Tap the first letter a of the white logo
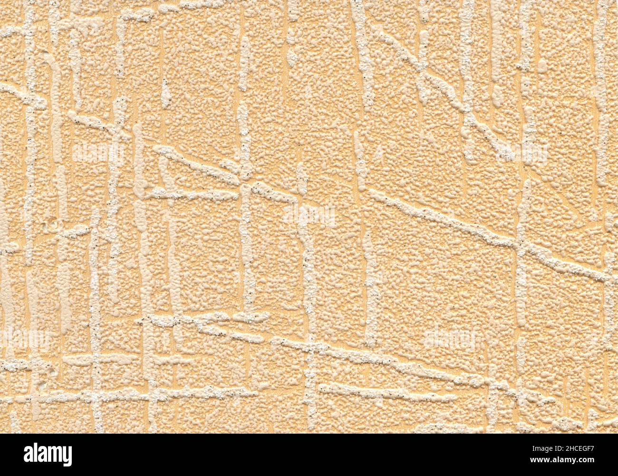(x=29, y=455)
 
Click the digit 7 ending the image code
(x=592, y=449)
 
